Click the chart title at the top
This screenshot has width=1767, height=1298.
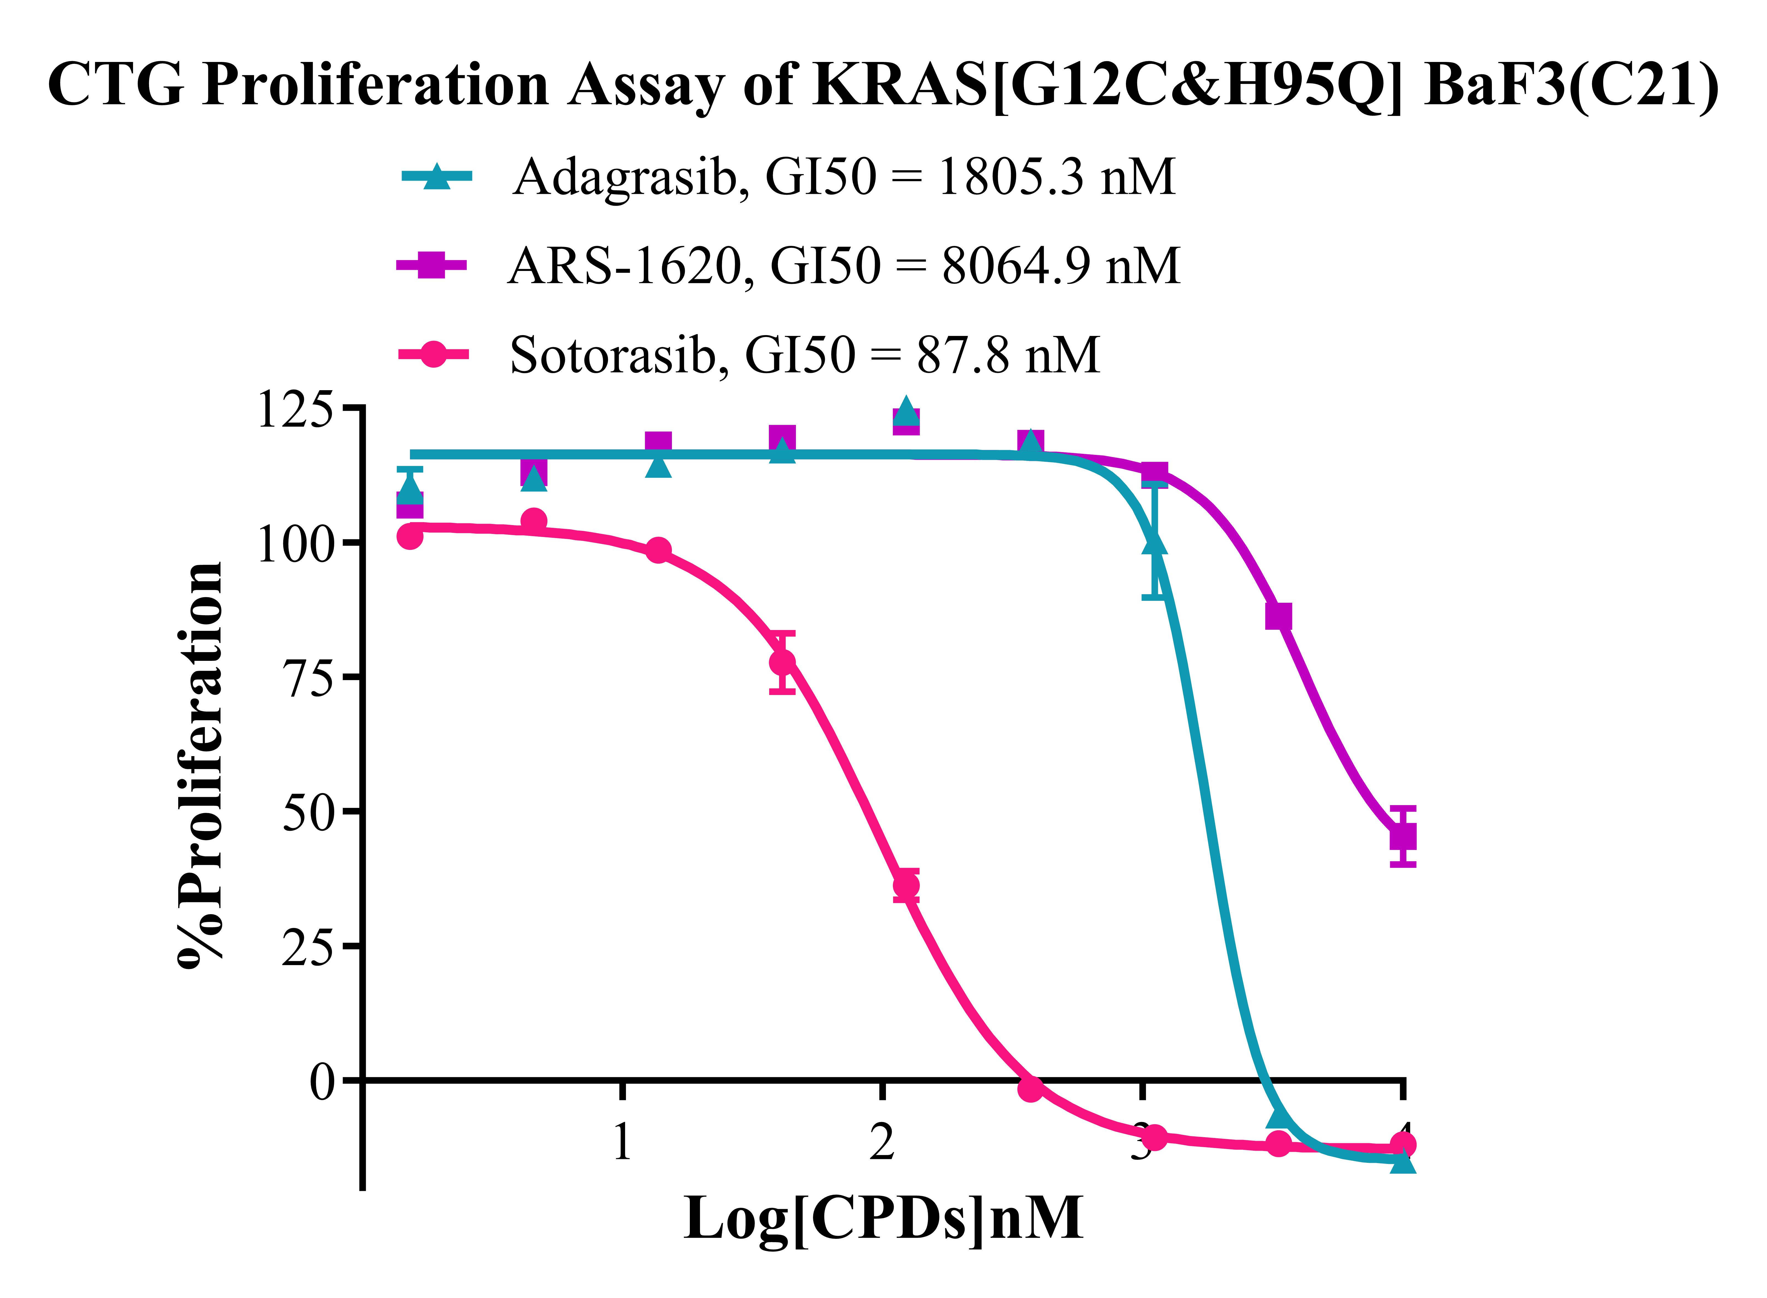click(883, 85)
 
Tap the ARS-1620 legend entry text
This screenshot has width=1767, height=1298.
click(843, 265)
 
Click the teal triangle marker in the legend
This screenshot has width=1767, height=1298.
click(436, 177)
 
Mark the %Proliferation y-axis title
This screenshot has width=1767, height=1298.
click(201, 766)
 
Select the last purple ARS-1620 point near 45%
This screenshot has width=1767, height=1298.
click(1403, 837)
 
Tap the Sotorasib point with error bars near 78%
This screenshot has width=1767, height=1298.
click(782, 662)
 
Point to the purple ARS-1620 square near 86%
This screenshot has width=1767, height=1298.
click(1278, 617)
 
